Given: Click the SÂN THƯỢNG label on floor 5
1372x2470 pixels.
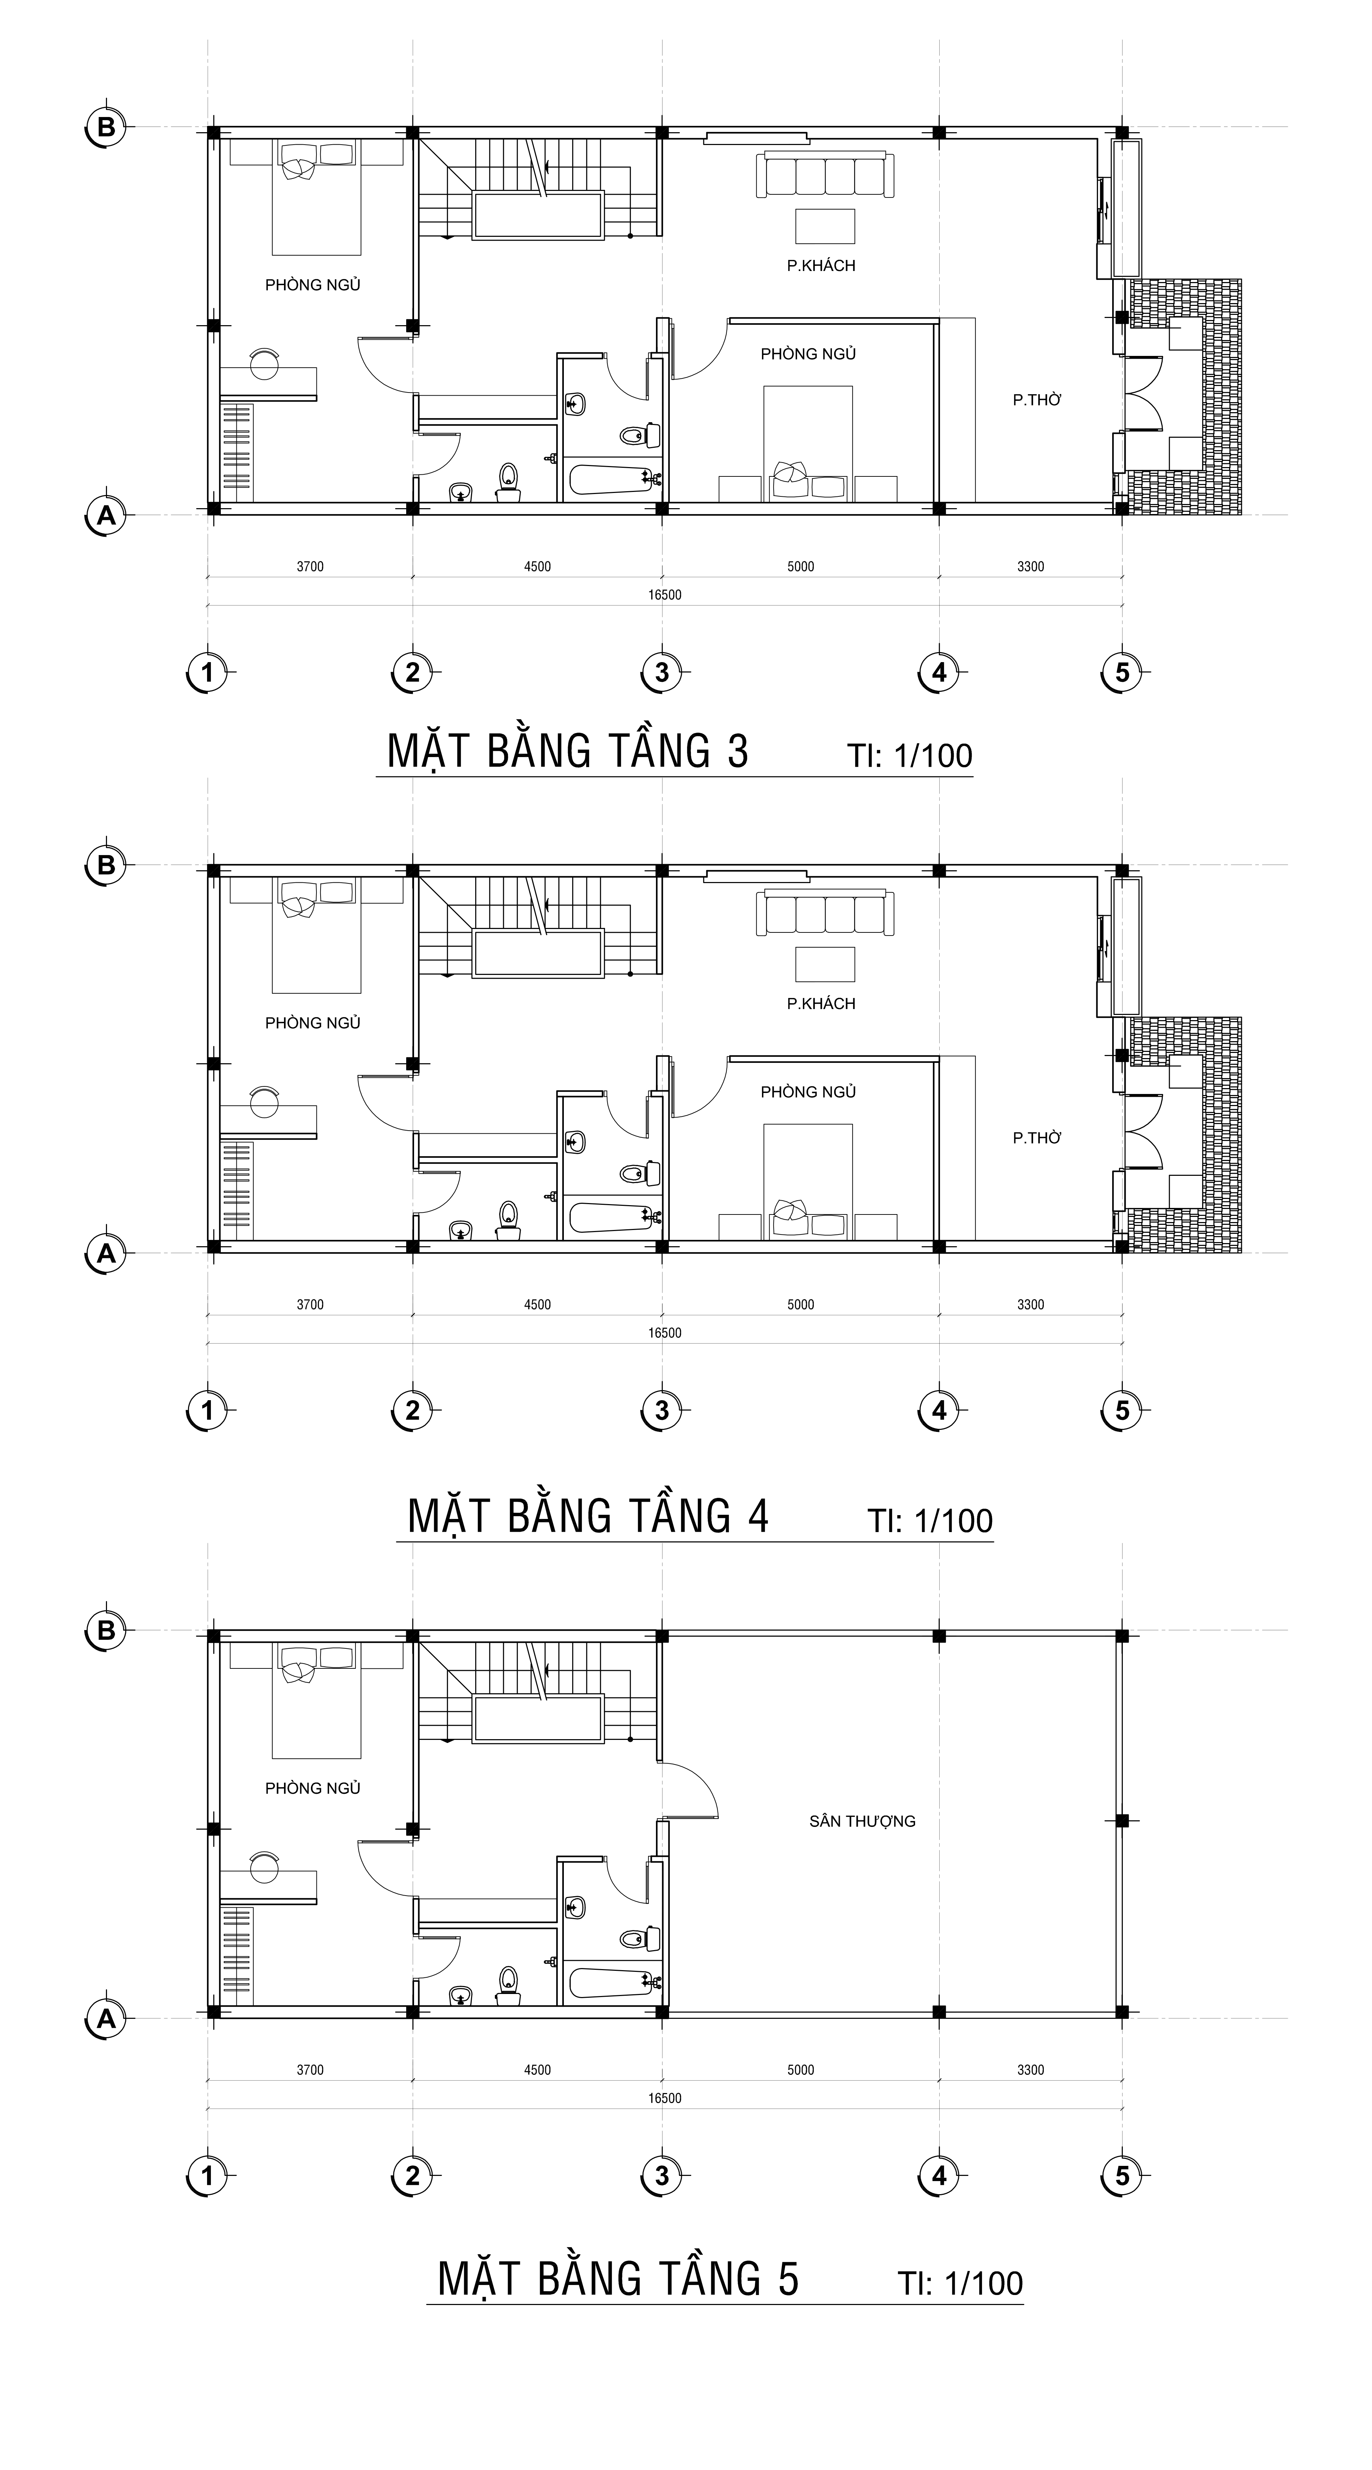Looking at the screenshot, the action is (862, 1821).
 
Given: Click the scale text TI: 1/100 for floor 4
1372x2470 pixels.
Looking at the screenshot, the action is (930, 1521).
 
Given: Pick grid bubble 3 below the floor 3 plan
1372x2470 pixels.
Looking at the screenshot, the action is (661, 672).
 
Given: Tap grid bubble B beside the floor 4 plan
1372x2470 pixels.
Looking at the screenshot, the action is (106, 865).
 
